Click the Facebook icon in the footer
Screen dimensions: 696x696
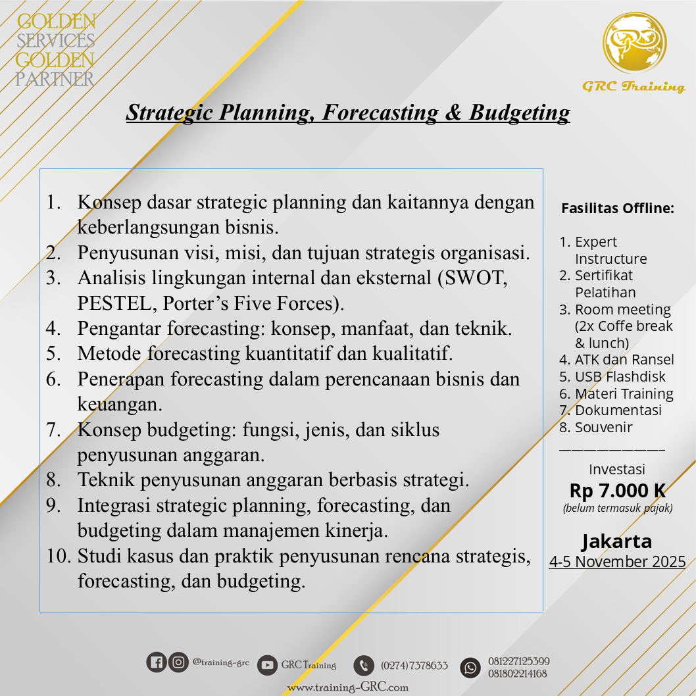point(157,662)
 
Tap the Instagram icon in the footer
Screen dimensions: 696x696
point(178,662)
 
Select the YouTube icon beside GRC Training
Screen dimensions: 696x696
point(267,665)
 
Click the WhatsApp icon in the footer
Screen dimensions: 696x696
point(470,667)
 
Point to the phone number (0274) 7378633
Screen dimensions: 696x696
point(414,665)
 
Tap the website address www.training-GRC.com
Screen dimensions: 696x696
point(347,687)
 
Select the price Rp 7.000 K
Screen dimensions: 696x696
point(617,491)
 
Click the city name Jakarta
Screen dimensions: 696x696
point(617,541)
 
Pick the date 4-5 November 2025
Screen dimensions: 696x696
point(617,562)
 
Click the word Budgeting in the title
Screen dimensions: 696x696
point(519,112)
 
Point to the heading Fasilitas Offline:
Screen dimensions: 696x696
point(617,209)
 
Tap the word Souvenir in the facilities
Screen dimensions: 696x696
point(603,427)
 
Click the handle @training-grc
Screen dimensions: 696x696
point(221,662)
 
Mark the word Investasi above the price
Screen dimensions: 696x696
point(617,470)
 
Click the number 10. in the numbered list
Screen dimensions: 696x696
point(59,557)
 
